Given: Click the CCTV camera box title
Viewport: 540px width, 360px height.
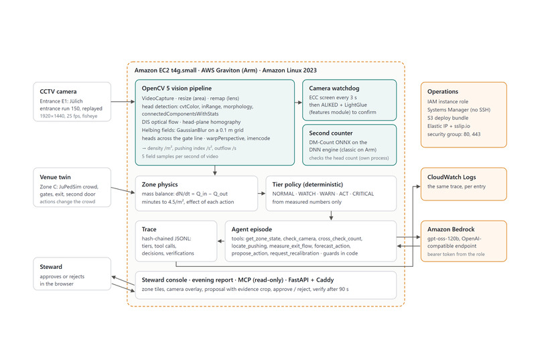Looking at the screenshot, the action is coord(58,92).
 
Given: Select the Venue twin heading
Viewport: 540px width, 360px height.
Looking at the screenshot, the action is coord(55,177).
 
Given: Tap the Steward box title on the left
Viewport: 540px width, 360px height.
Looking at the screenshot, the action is coord(51,267).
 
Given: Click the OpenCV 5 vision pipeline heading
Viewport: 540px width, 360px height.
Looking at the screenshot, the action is coord(177,88).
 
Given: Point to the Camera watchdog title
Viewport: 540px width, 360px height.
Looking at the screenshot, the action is coord(334,88).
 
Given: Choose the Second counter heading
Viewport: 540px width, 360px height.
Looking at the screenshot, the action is coord(330,133).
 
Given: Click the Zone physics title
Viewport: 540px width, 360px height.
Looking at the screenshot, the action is coord(160,184).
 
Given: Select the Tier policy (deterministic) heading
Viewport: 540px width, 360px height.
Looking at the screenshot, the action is coord(308,184).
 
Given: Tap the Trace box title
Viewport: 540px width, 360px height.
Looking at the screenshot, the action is coord(149,229).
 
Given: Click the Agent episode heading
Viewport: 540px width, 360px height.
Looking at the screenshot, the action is coord(252,229).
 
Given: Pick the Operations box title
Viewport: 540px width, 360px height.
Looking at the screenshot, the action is coord(443,92).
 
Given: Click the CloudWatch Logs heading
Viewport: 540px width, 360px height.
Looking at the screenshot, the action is coord(452,177).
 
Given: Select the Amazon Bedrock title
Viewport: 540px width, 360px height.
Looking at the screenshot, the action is coord(451,229).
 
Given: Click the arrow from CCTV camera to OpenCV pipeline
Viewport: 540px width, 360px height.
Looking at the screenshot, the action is coord(123,102).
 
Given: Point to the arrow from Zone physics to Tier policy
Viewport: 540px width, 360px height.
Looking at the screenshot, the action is coord(262,193).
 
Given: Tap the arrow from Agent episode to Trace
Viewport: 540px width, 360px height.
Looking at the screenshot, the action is coord(221,241).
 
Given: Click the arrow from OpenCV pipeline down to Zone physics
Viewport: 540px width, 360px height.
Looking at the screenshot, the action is coord(215,170).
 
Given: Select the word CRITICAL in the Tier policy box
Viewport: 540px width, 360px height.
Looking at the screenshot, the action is coord(363,194).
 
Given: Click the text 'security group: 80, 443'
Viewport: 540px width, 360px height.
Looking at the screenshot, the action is coord(454,134).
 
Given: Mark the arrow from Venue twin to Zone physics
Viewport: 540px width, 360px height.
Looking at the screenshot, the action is coord(123,190).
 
